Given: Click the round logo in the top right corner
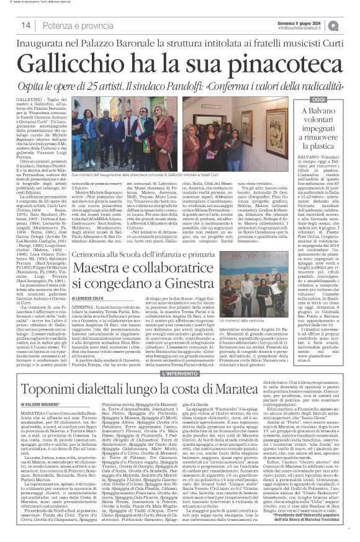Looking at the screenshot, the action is [x=351, y=24].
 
